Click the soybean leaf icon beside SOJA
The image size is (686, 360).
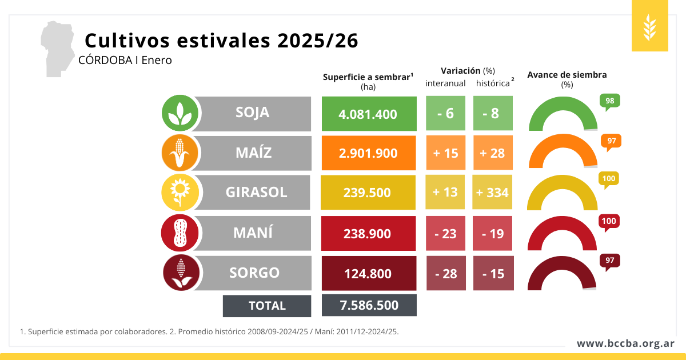coord(180,113)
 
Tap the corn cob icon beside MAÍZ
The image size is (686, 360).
coord(180,153)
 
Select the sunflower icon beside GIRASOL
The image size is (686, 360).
coord(180,193)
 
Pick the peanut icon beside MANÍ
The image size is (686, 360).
coord(180,233)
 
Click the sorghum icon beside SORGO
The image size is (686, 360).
coord(181,273)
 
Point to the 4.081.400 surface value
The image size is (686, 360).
coord(369,114)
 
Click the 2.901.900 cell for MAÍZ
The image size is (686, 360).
coord(369,153)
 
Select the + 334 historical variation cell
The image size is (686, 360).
coord(493,192)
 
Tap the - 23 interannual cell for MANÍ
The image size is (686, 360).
coord(446,233)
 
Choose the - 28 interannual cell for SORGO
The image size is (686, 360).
coord(446,273)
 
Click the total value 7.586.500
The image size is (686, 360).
coord(369,305)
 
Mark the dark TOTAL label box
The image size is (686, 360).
coord(267,306)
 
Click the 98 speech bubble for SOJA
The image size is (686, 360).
coord(609,101)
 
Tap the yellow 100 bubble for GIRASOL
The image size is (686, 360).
coord(609,179)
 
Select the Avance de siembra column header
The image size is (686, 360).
coord(567,75)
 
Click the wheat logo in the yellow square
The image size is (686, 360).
coord(650,26)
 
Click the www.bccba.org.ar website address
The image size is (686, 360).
coord(625,343)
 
